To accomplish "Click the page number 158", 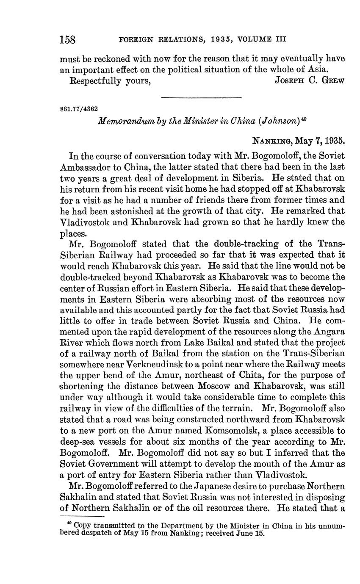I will pos(67,40).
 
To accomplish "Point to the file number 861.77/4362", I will pos(79,108).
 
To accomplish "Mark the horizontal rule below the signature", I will pos(202,98).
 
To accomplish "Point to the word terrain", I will pos(237,408).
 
